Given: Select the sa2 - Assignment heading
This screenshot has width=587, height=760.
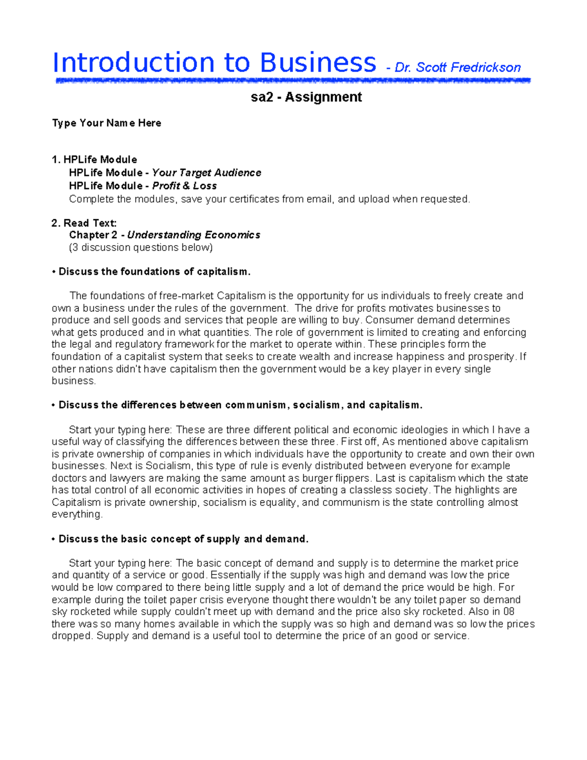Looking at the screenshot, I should pyautogui.click(x=306, y=97).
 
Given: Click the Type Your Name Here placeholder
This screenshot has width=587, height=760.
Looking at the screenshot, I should pyautogui.click(x=107, y=123).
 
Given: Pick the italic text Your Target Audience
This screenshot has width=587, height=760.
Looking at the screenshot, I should pyautogui.click(x=206, y=173).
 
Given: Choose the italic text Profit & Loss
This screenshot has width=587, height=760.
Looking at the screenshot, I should pyautogui.click(x=184, y=186).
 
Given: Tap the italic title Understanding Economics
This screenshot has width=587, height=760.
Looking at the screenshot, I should pyautogui.click(x=194, y=235).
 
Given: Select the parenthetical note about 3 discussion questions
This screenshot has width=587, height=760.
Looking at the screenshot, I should pyautogui.click(x=141, y=248).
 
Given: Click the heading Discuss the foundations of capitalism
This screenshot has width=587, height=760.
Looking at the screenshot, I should pyautogui.click(x=154, y=272).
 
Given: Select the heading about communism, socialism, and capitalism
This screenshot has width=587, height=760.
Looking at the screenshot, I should pyautogui.click(x=240, y=405).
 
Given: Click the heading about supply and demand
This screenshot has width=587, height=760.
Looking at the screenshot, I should pyautogui.click(x=183, y=539).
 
